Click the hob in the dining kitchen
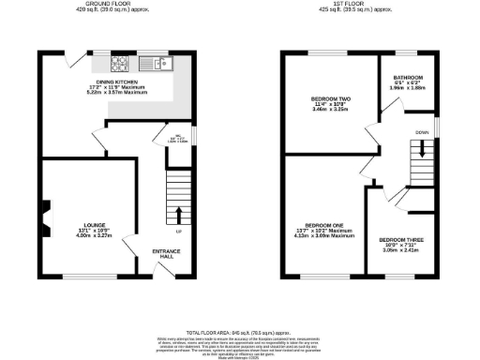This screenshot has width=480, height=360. pos(120,65)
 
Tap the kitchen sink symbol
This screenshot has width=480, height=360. pos(156,65)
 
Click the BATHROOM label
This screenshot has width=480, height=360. pos(408,77)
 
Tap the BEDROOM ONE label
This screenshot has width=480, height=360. pos(323,225)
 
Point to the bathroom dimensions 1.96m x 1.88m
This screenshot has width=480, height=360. pos(408,88)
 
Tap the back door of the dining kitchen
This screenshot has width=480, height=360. pos(72,59)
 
